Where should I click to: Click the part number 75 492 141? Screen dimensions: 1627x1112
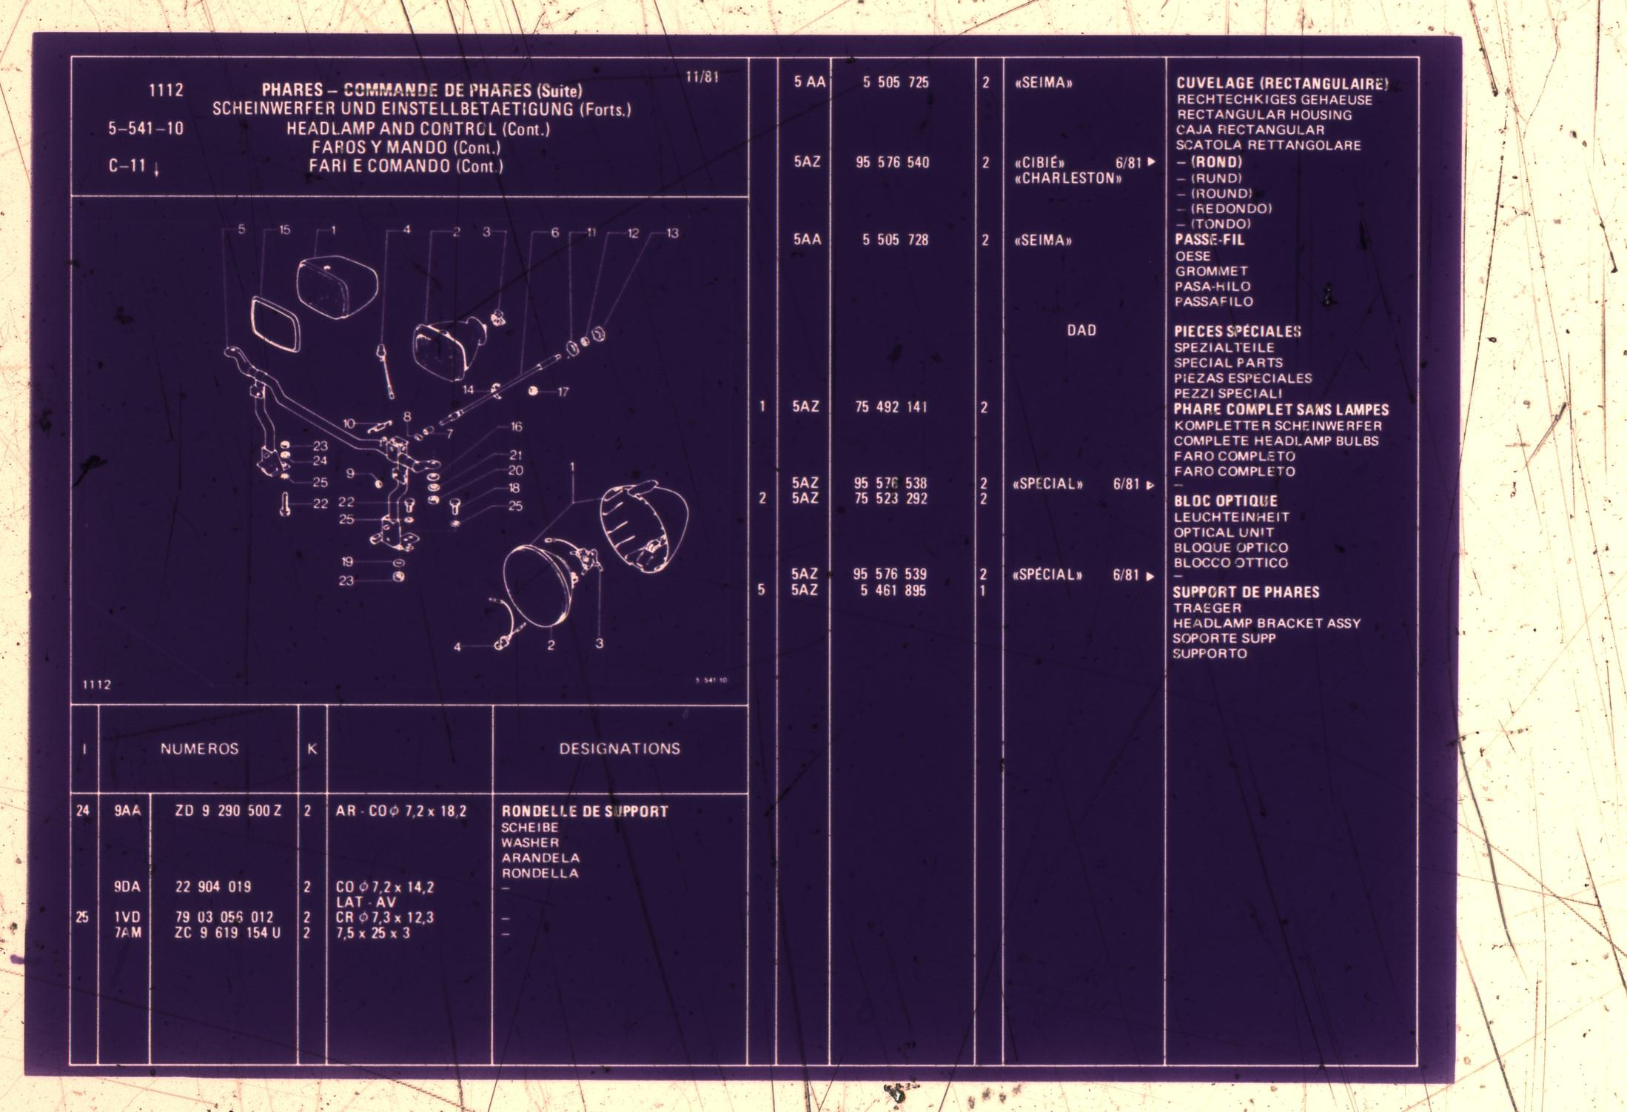point(891,406)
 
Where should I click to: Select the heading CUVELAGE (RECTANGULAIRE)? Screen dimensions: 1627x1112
point(1282,84)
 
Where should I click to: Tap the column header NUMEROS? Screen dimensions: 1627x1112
point(200,748)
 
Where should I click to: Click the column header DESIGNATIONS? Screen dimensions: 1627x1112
point(620,748)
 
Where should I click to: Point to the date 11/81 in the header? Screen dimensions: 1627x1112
point(702,77)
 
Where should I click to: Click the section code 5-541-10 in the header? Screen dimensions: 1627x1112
point(146,128)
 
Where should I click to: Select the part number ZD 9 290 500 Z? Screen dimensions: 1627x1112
point(228,811)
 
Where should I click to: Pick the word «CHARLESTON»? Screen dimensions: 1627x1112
point(1068,178)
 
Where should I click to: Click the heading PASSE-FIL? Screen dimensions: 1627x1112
point(1210,240)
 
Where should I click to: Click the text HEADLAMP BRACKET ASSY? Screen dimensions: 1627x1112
point(1267,623)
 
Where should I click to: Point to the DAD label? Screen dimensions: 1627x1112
point(1081,330)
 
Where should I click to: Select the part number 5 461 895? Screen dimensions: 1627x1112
point(893,590)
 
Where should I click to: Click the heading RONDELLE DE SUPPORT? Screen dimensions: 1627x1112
point(585,811)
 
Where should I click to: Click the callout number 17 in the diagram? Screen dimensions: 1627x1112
point(563,392)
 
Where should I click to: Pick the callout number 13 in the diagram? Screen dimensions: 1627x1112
point(672,233)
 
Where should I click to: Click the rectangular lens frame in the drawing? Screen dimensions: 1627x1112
point(275,324)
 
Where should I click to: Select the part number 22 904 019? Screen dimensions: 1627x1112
point(213,887)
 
